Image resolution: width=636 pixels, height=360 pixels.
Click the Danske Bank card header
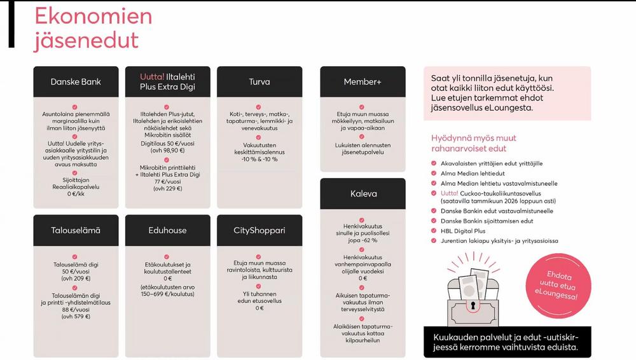76,82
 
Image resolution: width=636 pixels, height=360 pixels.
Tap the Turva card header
259,82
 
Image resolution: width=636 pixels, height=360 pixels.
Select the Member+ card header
363,82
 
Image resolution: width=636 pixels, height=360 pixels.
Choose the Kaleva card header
363,194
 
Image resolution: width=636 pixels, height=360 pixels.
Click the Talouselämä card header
76,230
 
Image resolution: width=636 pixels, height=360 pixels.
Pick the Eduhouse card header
167,230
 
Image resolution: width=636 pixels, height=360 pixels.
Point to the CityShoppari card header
259,230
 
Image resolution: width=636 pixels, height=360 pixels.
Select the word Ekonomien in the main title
93,16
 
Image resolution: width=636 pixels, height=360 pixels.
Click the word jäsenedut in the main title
86,40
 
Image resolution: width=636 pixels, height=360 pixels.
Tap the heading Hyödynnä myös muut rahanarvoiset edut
474,143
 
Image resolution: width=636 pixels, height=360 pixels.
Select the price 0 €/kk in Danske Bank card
76,194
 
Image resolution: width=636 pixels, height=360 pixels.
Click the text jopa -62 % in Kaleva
363,240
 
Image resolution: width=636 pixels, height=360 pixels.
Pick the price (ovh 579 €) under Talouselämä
76,316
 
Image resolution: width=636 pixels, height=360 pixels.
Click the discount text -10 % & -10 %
259,159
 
